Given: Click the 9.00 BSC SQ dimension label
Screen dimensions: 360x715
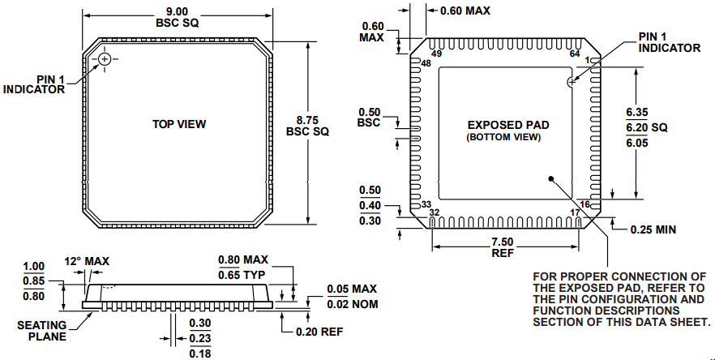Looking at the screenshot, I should tap(178, 16).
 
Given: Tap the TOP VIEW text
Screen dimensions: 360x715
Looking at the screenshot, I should tap(179, 124).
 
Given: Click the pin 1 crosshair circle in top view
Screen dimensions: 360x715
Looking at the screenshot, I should tap(105, 61).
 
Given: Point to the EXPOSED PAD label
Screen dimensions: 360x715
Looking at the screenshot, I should tap(508, 125).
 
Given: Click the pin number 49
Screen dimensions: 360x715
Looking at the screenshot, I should tap(436, 54).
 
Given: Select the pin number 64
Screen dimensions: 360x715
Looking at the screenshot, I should tap(576, 54).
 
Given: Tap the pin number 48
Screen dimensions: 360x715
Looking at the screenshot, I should tap(426, 63).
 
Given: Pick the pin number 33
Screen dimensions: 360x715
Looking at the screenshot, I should tap(426, 204).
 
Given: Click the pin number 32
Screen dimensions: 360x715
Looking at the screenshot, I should tap(435, 212).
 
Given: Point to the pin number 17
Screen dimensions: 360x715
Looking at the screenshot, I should tap(576, 212).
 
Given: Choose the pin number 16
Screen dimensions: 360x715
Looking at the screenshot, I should tap(585, 204).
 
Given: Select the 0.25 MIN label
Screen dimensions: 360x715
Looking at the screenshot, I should tap(653, 229).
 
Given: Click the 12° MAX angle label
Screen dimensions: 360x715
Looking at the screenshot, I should tap(87, 261).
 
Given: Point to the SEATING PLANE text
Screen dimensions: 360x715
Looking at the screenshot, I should tap(42, 331).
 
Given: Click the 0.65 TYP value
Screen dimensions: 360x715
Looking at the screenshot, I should tap(242, 275).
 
